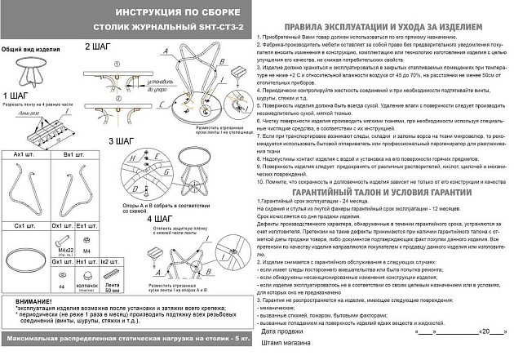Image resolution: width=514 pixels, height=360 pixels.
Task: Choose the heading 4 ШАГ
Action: point(160,220)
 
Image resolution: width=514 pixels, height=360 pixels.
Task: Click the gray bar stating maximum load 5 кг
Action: point(126,337)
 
